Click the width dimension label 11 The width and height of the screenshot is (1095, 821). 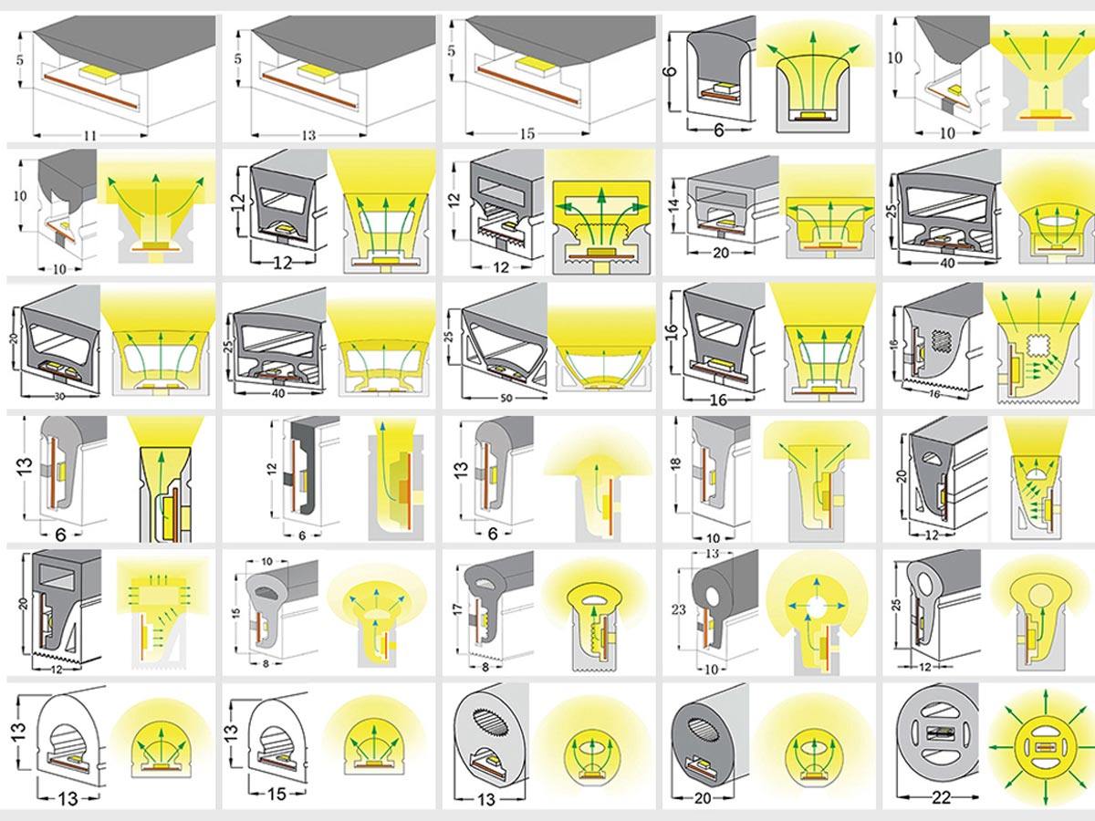[x=89, y=135]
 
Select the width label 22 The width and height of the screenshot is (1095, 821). [x=942, y=797]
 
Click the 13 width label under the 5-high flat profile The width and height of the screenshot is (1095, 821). [x=308, y=135]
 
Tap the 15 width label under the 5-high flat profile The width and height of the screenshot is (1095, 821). [x=527, y=134]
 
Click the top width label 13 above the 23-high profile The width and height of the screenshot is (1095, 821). [x=713, y=554]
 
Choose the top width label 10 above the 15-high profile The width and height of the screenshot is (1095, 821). [x=267, y=560]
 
